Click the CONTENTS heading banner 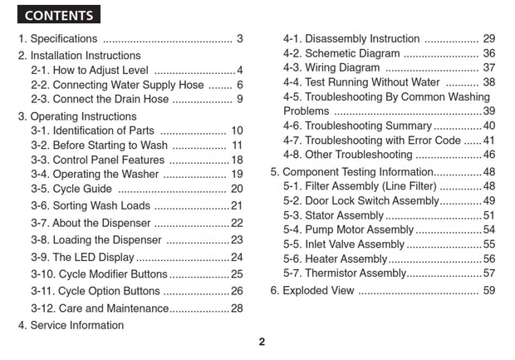coord(58,15)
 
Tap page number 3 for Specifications coord(239,39)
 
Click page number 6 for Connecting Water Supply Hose coord(239,86)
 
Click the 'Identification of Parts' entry coord(92,131)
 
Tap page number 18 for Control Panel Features coord(237,160)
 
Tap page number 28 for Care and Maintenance coord(237,308)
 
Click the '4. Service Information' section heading coord(71,325)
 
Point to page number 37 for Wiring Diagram coord(489,68)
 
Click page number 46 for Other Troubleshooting coord(489,155)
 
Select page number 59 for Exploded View coord(489,291)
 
